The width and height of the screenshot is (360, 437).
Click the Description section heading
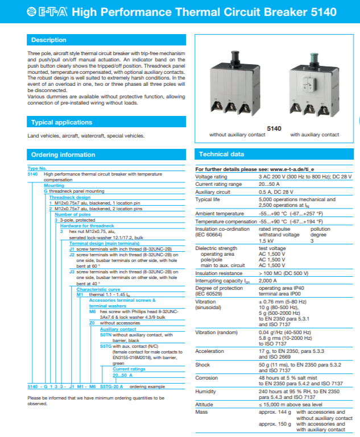point(48,40)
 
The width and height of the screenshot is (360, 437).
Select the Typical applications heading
point(61,122)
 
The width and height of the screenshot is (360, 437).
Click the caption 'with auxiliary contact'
point(315,135)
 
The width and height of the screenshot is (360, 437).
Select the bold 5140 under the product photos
point(274,128)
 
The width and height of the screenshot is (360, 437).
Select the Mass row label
point(201,411)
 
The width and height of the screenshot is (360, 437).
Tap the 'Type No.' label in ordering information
point(36,169)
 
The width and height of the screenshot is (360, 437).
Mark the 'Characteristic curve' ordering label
point(98,289)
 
